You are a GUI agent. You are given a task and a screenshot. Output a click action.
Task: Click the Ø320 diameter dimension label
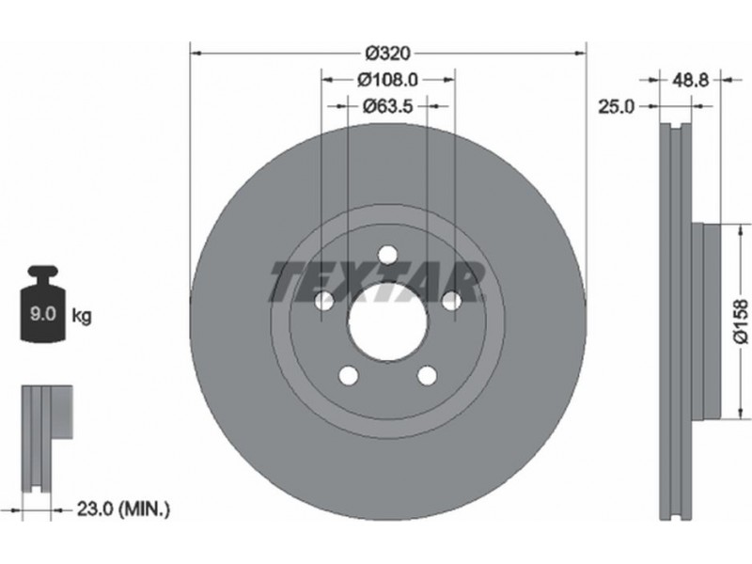[388, 54]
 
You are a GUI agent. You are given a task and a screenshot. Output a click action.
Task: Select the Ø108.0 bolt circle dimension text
[388, 80]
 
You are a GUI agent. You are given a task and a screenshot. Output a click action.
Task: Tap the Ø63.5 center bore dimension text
[387, 105]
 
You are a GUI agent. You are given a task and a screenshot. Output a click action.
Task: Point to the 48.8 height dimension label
[690, 80]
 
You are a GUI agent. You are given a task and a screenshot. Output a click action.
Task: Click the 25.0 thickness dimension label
[617, 106]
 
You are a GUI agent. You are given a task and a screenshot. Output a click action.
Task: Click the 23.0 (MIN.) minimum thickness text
[123, 509]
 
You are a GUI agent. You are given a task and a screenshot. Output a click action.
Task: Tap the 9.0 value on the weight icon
[43, 314]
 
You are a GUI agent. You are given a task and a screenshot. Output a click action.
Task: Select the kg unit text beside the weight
[81, 316]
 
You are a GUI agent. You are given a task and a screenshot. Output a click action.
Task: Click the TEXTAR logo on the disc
[377, 282]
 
